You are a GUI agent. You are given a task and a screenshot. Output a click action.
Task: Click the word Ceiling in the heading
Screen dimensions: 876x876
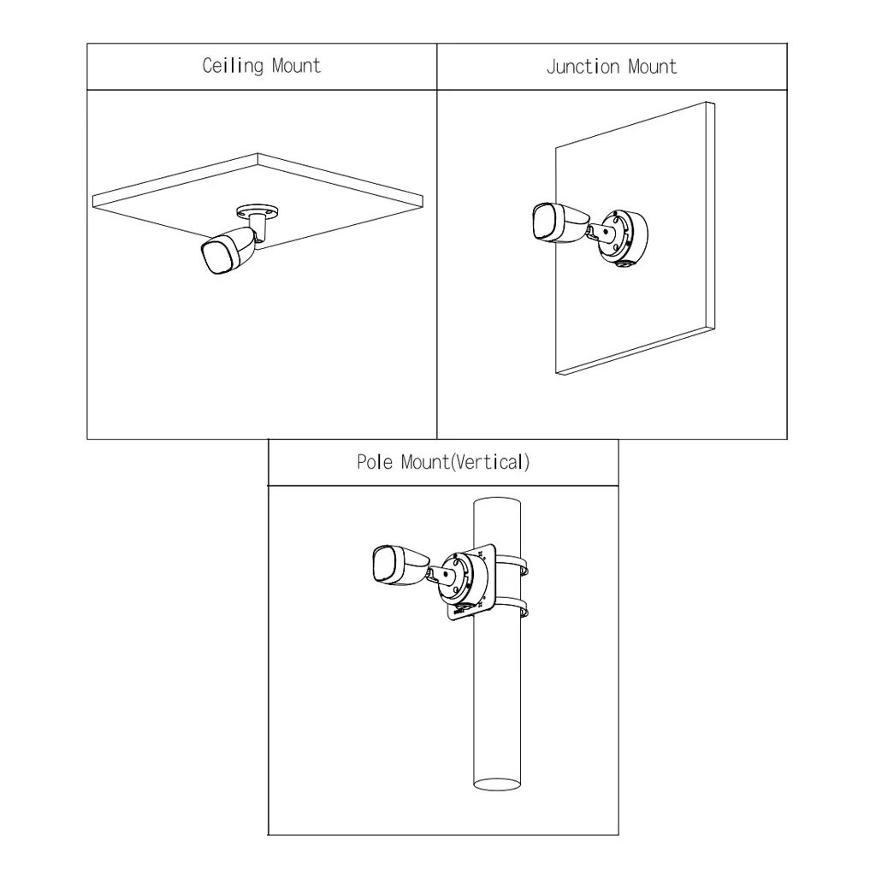point(233,66)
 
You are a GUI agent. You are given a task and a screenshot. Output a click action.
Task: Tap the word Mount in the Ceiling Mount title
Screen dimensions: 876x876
point(296,66)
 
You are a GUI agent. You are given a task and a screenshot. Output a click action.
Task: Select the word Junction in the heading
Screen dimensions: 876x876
point(583,67)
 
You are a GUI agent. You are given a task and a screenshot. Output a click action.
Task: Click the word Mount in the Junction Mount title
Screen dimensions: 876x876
point(652,67)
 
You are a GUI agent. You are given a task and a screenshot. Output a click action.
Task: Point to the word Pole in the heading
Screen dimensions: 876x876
point(375,462)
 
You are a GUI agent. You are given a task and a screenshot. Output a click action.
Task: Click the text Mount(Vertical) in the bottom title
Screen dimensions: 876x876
point(465,462)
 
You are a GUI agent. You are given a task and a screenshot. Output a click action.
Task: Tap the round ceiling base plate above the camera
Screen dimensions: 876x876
point(257,210)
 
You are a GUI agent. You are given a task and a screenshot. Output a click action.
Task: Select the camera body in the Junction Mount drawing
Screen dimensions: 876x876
point(559,223)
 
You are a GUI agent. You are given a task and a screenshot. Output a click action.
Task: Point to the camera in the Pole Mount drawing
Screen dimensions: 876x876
point(400,566)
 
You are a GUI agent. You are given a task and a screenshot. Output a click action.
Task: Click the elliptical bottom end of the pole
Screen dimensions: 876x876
point(497,784)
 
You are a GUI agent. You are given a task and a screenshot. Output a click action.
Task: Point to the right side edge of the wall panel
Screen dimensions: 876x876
point(711,216)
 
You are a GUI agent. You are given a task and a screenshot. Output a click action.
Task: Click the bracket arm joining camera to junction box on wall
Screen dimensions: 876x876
point(601,230)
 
